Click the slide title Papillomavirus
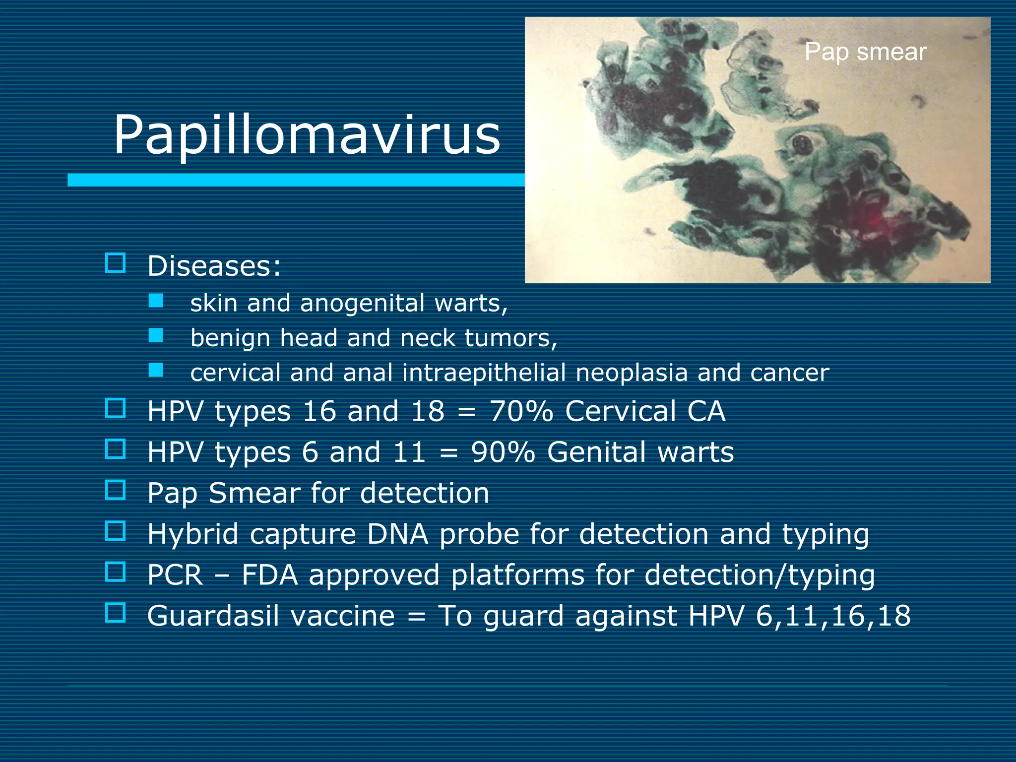point(307,135)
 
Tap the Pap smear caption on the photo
point(865,52)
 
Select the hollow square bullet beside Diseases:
point(115,263)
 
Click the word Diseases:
point(214,266)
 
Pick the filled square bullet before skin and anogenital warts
point(156,301)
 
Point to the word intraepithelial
point(484,373)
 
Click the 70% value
point(521,411)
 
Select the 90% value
point(503,452)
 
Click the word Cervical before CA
point(621,411)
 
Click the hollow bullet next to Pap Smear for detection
point(115,490)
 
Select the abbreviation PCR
point(175,575)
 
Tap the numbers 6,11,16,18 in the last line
point(833,616)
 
